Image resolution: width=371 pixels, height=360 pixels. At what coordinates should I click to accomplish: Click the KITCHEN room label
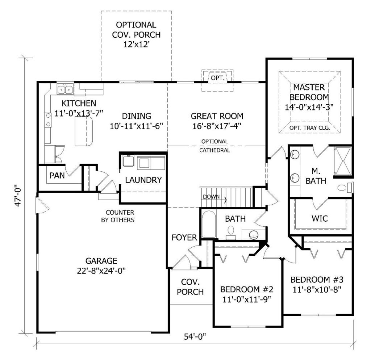coord(79,103)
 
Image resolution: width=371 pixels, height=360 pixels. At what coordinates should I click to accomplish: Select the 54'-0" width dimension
coord(195,336)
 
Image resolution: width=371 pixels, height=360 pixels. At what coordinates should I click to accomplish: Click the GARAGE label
coord(101,261)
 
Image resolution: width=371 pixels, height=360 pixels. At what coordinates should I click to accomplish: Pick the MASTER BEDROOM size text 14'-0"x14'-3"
coord(309,107)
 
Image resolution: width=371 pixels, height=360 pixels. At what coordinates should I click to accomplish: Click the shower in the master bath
coord(343,161)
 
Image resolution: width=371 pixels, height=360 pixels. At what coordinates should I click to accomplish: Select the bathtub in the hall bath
coord(209,224)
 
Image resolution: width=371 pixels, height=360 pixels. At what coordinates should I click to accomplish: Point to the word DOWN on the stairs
coord(211,197)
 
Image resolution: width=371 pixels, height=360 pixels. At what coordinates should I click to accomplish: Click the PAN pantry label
coord(57,176)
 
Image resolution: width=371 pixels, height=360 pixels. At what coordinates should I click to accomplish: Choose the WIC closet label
coord(320,218)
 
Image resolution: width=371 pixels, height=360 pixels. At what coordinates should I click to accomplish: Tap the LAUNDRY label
coord(143,180)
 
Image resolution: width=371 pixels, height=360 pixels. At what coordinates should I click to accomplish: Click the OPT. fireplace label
coord(217,78)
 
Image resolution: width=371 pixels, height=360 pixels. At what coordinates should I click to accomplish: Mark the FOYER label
coord(184,237)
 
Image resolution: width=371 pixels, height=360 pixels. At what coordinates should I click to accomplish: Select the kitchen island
coord(84,131)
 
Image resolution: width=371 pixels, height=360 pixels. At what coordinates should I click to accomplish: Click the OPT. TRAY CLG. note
coord(309,128)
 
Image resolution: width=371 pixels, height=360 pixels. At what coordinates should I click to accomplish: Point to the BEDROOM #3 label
coord(317,280)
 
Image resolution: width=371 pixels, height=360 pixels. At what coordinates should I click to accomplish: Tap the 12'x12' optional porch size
coord(136,44)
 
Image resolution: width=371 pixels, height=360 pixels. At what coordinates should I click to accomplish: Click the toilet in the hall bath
coord(230,232)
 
